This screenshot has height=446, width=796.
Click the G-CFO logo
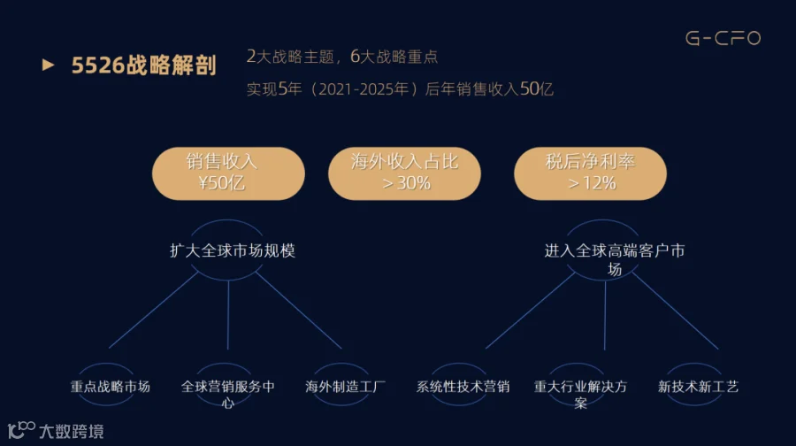[723, 39]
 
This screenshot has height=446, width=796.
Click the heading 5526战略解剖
[144, 66]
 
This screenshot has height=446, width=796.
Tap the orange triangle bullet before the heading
[49, 65]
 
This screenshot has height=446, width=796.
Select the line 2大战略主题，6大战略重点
[342, 58]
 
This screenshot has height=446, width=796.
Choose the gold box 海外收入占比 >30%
[405, 173]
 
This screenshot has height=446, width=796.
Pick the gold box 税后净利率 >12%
[591, 173]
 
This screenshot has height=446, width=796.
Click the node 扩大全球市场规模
[233, 250]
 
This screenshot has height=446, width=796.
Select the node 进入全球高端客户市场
[614, 259]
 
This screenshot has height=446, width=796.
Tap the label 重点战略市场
[111, 387]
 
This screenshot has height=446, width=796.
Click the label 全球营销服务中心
[227, 394]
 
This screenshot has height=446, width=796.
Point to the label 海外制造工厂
[346, 387]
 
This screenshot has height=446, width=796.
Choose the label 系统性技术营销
[463, 387]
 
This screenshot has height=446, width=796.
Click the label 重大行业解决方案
[580, 394]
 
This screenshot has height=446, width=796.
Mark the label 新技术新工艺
[698, 387]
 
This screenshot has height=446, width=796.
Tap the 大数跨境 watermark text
[71, 432]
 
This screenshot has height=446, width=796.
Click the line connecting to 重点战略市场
[155, 310]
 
